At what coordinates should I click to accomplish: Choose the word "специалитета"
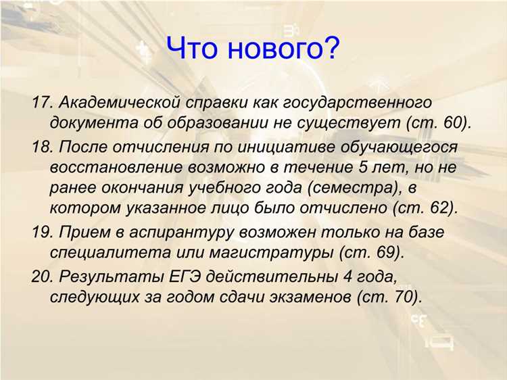pyautogui.click(x=100, y=254)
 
